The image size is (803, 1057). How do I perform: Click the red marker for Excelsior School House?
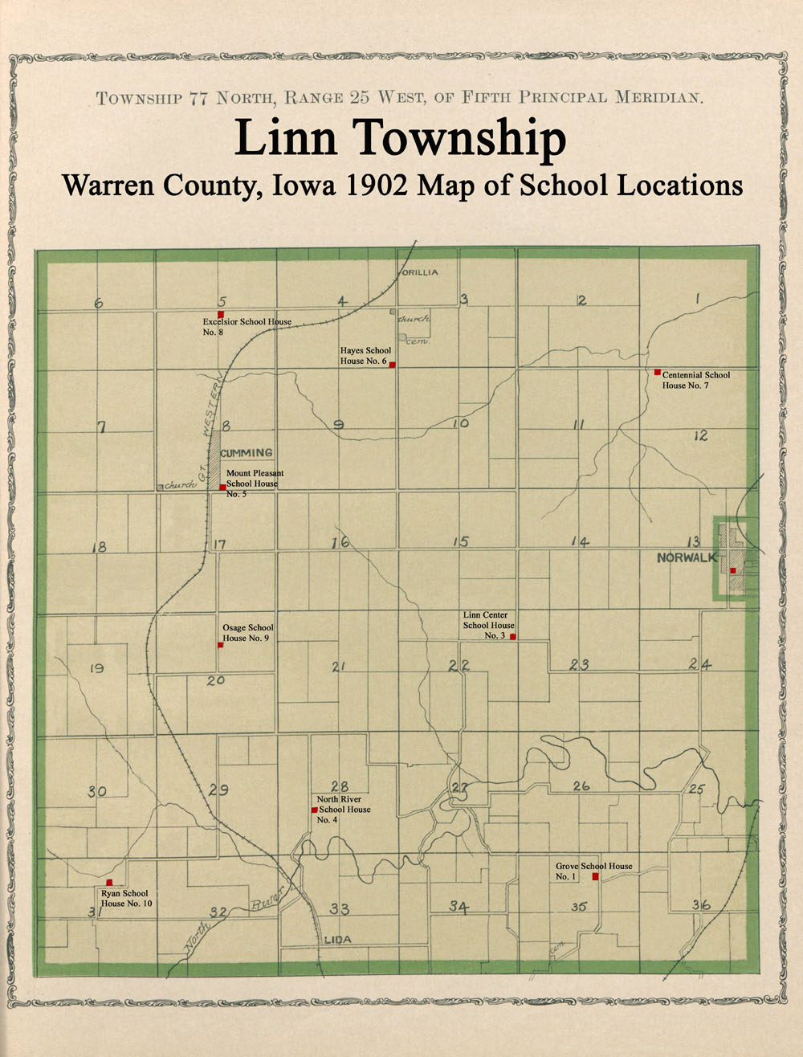pos(220,314)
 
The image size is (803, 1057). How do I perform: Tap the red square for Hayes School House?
pos(392,365)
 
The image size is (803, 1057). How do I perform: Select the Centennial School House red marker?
pos(657,372)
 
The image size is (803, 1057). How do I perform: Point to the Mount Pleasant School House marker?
pos(222,487)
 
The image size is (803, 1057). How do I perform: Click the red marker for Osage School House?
pos(220,644)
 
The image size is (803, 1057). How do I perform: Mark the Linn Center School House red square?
pos(512,636)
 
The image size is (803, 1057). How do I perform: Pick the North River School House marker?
pos(314,810)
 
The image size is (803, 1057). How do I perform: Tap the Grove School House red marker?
pos(595,877)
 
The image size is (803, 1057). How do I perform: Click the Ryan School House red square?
pos(109,882)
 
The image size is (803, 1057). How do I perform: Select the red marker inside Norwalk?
pos(732,570)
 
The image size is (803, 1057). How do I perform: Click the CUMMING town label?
pos(247,453)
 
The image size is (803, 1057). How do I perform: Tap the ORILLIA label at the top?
pos(419,272)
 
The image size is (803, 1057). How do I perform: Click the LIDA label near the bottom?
pos(338,939)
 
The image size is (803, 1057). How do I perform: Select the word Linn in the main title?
pos(286,139)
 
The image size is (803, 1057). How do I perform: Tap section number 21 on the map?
pos(338,667)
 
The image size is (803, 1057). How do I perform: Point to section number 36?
pos(701,905)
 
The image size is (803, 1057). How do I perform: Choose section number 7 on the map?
pos(102,427)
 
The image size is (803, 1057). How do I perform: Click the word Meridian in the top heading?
pos(659,98)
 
